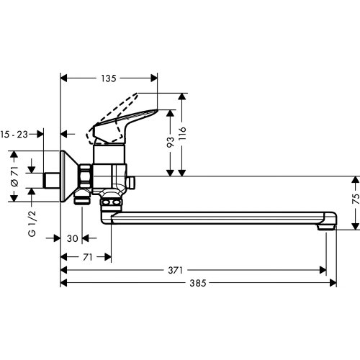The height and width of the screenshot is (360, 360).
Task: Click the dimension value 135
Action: (x=108, y=78)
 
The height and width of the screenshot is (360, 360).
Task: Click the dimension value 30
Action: (x=71, y=238)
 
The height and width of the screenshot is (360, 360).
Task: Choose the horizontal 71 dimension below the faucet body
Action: (x=86, y=256)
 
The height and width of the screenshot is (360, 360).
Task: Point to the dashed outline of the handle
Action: (x=97, y=133)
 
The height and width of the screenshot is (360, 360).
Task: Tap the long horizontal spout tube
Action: (x=216, y=215)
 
